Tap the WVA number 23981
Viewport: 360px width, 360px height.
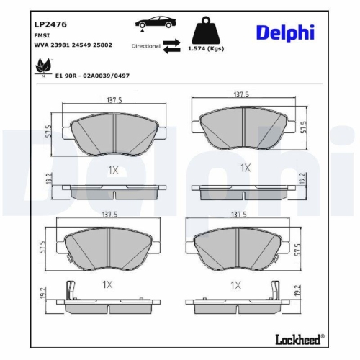coord(61,45)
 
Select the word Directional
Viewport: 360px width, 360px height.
coord(145,45)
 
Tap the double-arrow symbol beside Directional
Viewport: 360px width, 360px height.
coord(171,46)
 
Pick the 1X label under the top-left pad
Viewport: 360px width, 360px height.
coord(112,170)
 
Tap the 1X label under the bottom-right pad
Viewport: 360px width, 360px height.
coord(235,285)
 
